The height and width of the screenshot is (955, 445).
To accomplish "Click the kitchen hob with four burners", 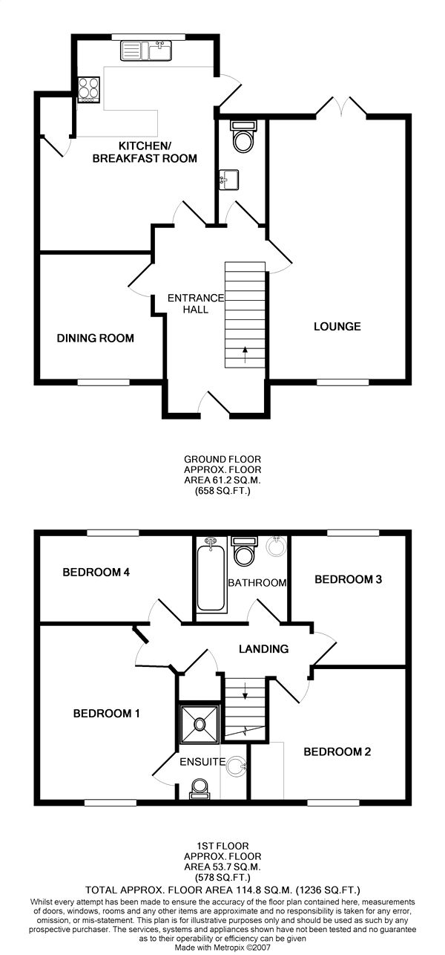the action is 88,90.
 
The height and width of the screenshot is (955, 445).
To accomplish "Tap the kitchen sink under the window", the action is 146,50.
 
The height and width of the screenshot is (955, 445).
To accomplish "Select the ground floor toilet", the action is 243,136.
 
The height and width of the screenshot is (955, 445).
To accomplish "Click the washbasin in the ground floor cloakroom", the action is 228,179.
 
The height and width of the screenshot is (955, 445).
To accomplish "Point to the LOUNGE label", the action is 337,327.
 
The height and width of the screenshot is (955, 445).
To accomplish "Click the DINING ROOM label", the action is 96,339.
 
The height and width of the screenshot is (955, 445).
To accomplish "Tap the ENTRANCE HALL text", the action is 196,304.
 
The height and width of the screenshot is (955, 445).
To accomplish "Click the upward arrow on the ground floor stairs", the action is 245,355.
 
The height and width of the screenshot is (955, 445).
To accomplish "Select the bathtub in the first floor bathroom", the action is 211,575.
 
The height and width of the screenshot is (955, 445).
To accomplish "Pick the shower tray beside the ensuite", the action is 200,723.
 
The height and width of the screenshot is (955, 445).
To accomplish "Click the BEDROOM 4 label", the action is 96,572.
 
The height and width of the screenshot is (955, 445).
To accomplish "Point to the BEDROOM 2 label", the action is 337,752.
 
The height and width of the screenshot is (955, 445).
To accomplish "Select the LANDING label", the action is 263,649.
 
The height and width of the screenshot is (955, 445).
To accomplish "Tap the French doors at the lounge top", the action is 341,106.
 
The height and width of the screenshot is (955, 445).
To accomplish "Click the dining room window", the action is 104,382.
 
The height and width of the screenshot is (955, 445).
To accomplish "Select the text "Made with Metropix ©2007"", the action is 222,948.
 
